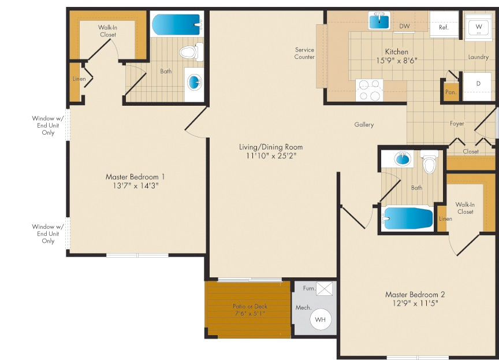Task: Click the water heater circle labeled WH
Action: [321, 319]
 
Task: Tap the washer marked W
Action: [478, 27]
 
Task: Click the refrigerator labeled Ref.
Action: [444, 24]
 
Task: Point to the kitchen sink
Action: [379, 21]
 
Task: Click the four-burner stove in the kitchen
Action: [370, 90]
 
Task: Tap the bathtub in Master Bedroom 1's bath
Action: [177, 24]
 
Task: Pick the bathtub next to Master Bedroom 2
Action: [407, 218]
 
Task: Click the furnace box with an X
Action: [325, 289]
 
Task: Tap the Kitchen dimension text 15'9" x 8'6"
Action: [397, 61]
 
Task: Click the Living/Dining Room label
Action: [271, 147]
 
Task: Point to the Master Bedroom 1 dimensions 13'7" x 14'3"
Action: [136, 185]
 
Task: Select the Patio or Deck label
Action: [250, 306]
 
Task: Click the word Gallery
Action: [364, 124]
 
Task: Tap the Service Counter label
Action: [304, 53]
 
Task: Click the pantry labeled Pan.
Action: [451, 92]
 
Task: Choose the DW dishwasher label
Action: [404, 26]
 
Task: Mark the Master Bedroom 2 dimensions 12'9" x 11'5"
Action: [415, 303]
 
